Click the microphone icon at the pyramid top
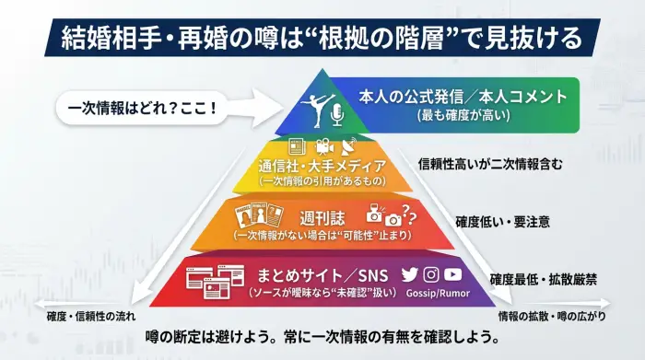click(x=336, y=112)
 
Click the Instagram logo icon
click(x=431, y=273)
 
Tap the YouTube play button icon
click(x=453, y=273)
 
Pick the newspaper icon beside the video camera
click(x=297, y=146)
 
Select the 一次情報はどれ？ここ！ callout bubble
click(x=142, y=108)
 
